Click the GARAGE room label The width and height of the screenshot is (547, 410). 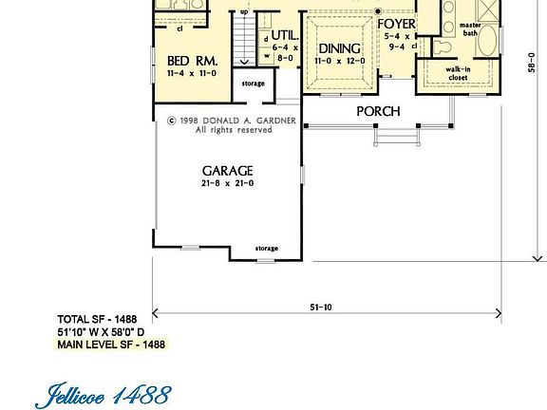pyautogui.click(x=226, y=171)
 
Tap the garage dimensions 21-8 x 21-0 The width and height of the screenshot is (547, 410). pyautogui.click(x=226, y=184)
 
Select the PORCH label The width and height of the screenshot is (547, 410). pyautogui.click(x=378, y=112)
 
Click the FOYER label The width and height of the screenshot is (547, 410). pyautogui.click(x=396, y=25)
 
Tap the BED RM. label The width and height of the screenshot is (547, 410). pyautogui.click(x=193, y=60)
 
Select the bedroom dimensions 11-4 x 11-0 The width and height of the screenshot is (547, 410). pyautogui.click(x=193, y=72)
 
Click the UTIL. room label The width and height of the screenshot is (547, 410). pyautogui.click(x=284, y=34)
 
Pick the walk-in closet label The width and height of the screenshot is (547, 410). pyautogui.click(x=459, y=73)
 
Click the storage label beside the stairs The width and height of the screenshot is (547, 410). pyautogui.click(x=253, y=84)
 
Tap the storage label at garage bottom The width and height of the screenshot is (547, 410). pyautogui.click(x=267, y=249)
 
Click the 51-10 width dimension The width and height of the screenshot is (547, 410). pyautogui.click(x=321, y=307)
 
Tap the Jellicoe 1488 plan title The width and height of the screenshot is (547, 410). pyautogui.click(x=105, y=393)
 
